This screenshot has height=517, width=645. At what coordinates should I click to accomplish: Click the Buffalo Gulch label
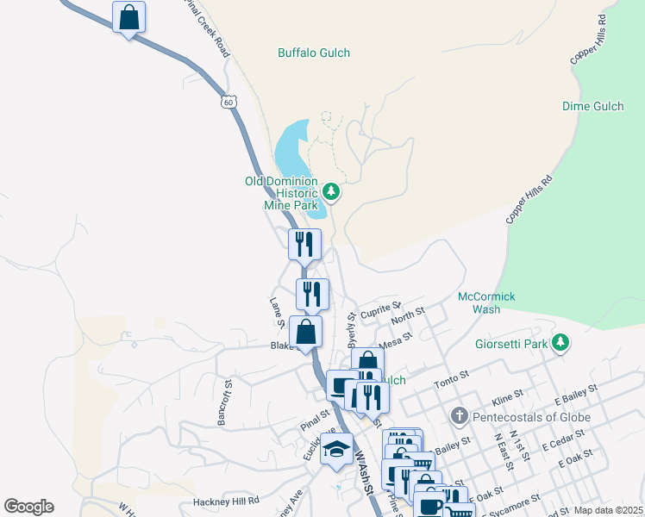click(314, 53)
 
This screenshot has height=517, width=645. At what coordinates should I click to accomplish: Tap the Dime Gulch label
click(593, 107)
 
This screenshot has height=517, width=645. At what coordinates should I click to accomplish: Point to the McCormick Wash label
click(486, 302)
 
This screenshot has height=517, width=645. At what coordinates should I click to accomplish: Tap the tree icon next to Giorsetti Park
click(561, 344)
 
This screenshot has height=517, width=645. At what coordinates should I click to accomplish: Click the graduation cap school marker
click(335, 450)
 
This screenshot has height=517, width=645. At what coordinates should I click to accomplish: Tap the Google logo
click(28, 507)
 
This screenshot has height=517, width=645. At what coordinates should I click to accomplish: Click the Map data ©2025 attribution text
click(608, 510)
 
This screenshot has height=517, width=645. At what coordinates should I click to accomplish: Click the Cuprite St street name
click(381, 309)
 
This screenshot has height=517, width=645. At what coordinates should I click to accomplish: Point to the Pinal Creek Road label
click(208, 28)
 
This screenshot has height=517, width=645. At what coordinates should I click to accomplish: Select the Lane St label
click(277, 313)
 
